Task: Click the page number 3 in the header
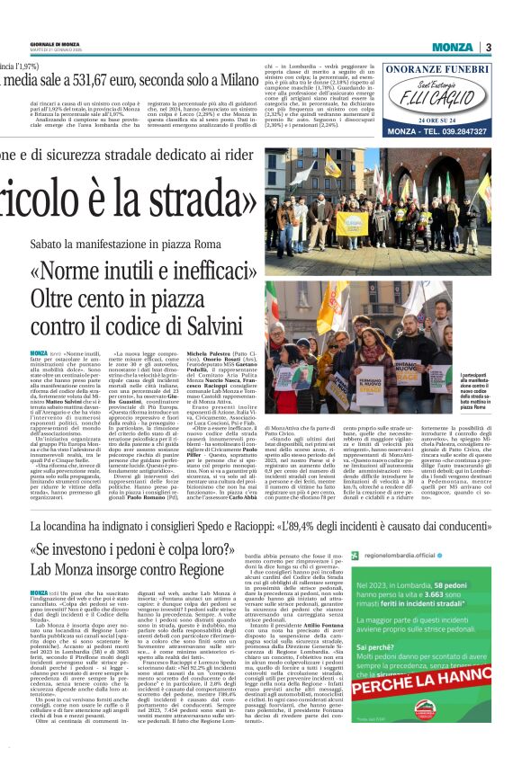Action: (488, 47)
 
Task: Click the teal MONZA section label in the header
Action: (451, 47)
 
